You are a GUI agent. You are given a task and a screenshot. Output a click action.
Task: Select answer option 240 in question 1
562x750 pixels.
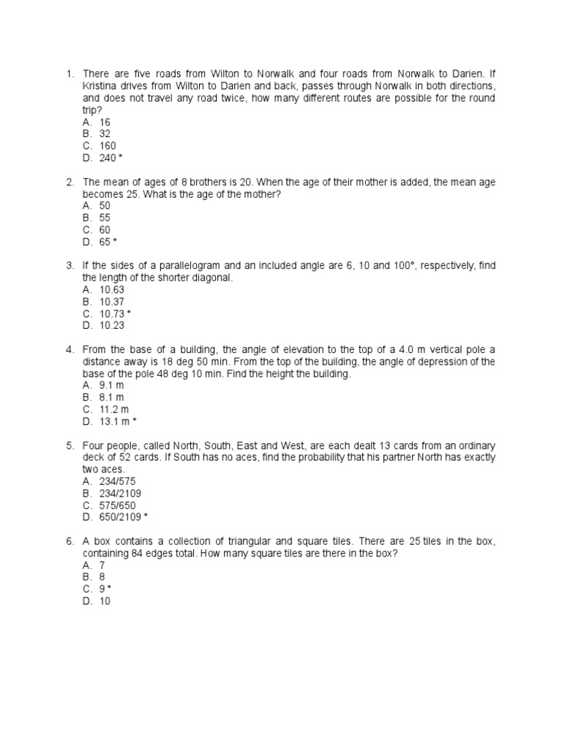point(108,157)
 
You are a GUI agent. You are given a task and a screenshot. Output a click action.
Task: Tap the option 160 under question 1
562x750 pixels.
point(108,146)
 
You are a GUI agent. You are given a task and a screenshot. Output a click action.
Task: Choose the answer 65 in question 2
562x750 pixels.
point(105,241)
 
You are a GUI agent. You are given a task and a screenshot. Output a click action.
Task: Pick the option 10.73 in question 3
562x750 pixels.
point(112,313)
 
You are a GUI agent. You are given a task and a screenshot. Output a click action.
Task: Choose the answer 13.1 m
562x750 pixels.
point(114,421)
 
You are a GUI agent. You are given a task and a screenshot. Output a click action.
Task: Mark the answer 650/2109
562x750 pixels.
point(121,517)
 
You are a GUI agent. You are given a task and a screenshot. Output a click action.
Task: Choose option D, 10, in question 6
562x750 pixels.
point(105,601)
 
